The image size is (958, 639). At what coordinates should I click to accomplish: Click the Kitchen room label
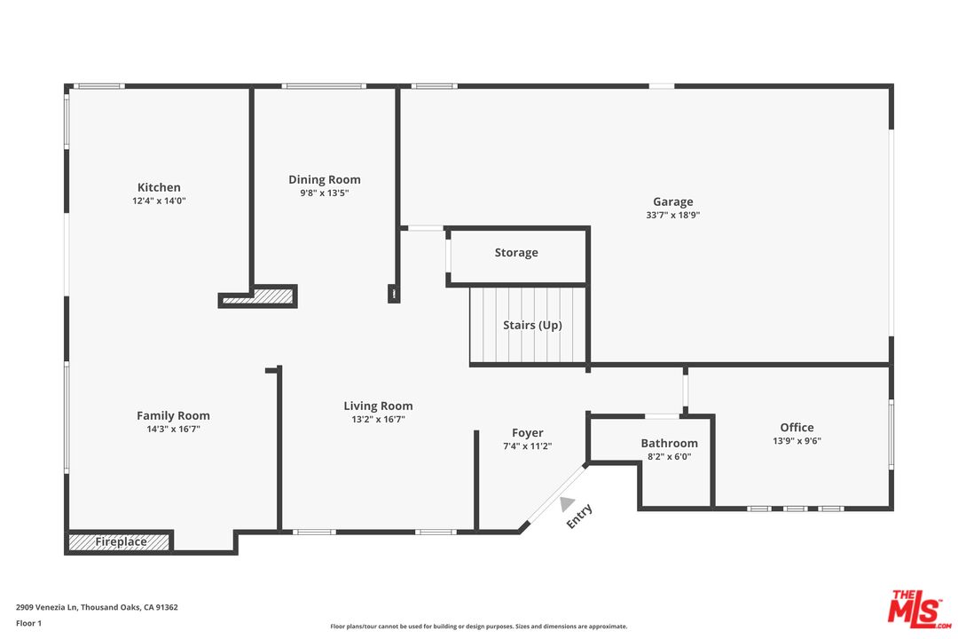click(159, 187)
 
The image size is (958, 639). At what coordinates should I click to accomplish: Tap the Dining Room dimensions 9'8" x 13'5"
click(325, 193)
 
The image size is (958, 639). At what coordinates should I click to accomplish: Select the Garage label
click(672, 201)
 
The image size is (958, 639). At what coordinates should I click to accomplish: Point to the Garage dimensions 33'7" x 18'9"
click(672, 215)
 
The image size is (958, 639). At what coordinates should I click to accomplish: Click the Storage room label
click(516, 253)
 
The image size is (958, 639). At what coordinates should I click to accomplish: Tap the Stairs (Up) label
click(532, 325)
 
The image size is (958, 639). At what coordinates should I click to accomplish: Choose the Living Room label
click(378, 406)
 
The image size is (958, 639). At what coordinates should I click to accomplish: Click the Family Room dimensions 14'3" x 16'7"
click(174, 429)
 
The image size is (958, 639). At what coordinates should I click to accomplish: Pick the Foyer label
click(527, 433)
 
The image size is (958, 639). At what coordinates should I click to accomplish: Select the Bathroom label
click(669, 444)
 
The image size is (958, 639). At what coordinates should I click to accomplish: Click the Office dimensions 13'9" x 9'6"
click(797, 440)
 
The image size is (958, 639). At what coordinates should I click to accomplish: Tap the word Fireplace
click(121, 541)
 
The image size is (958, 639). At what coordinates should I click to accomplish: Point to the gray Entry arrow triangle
click(567, 503)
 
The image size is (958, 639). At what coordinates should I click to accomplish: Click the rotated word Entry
click(579, 517)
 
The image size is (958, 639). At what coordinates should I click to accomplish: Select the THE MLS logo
click(919, 609)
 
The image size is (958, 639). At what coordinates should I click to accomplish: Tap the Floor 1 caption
click(28, 623)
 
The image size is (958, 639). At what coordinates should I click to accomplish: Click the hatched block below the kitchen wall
click(258, 297)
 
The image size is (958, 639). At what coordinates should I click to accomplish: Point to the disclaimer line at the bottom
click(478, 627)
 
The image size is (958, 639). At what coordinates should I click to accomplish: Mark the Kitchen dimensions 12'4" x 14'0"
click(159, 201)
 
